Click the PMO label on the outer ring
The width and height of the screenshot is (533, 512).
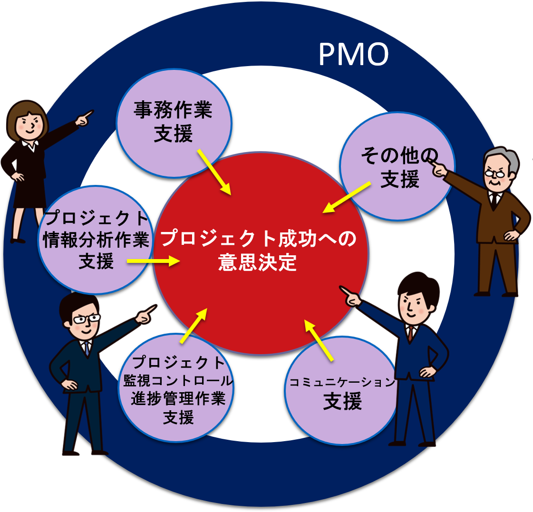tap(353, 54)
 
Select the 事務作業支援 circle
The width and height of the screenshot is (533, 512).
tap(174, 123)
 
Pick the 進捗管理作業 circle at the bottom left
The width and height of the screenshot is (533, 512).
tap(178, 390)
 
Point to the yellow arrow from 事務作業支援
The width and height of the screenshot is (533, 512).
tap(214, 172)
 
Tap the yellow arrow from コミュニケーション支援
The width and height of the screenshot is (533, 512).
tap(319, 340)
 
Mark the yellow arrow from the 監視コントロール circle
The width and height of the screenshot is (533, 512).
tap(194, 326)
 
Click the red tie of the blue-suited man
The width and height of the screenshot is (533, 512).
tap(410, 333)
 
